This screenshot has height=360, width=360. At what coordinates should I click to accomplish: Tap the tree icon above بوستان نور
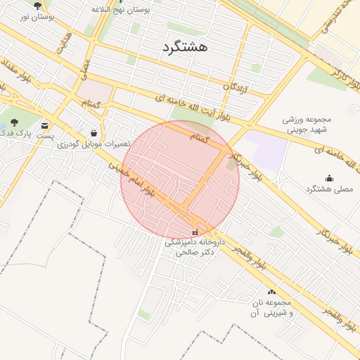coord(37,6)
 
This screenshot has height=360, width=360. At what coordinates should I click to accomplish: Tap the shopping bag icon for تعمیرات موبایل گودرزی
coord(94,133)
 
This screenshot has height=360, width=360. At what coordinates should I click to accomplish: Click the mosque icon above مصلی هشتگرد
coord(329,178)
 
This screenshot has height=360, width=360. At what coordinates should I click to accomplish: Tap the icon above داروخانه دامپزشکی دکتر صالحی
coord(195,233)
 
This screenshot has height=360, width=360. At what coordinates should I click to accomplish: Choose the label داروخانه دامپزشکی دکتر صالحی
coord(194,247)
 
